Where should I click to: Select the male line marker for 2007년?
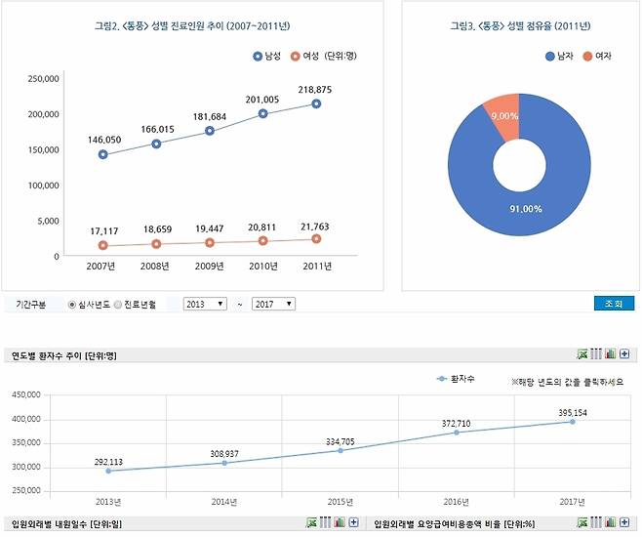pos(103,154)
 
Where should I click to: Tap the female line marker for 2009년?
pos(209,242)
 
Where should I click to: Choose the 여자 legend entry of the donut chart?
pos(598,57)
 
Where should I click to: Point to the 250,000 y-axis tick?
pos(43,78)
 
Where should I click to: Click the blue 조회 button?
pos(613,304)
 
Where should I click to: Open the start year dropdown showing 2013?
pos(204,305)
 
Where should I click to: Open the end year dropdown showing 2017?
pos(273,305)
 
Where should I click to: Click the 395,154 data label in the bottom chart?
pos(573,413)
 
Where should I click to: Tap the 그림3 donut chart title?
pos(520,25)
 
